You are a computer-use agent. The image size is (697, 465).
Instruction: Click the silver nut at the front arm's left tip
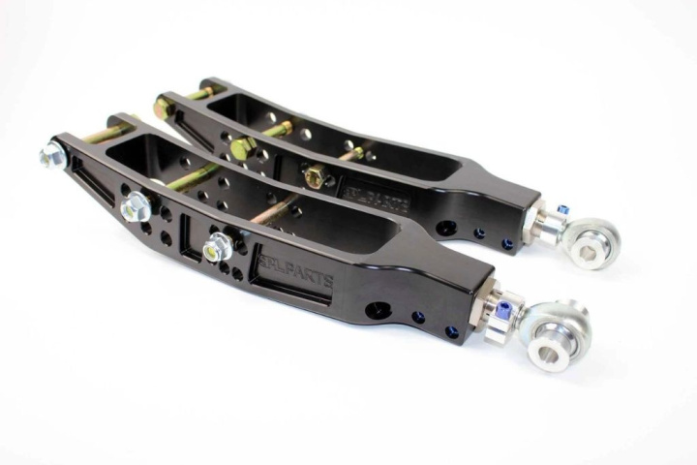(51, 154)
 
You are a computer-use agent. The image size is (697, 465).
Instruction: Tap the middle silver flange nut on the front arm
(136, 206)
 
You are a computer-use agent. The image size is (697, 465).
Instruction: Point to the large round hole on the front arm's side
(380, 312)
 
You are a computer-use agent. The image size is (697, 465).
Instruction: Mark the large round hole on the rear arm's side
(445, 229)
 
